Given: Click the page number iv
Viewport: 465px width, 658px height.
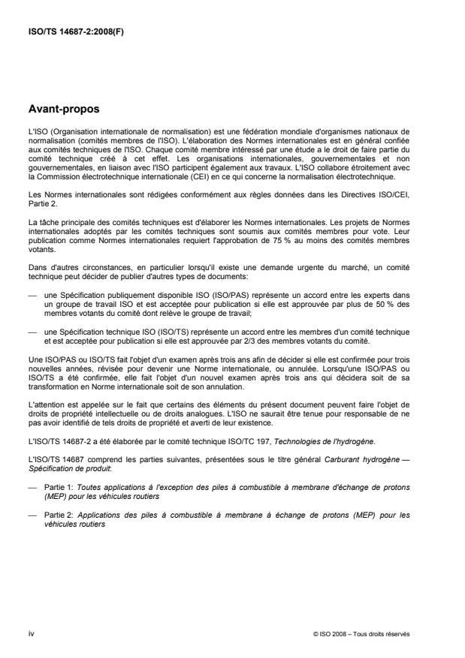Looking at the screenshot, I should coord(31,633).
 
